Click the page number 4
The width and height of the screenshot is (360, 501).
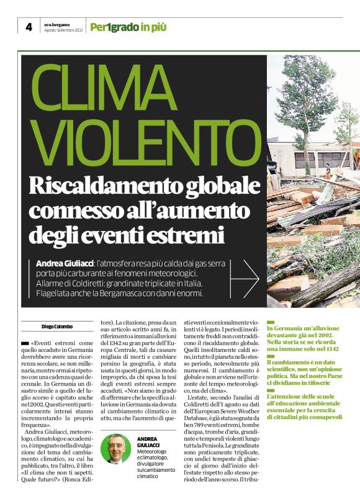29,27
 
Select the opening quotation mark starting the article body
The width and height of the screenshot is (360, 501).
32,343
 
